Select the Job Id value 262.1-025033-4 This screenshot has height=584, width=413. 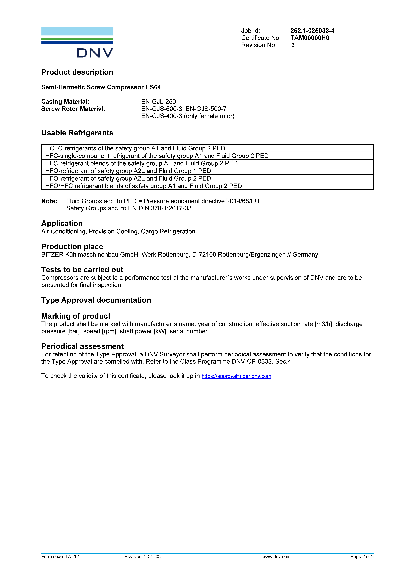click(312, 31)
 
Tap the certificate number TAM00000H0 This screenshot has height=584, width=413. click(310, 38)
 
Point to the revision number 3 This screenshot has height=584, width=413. click(293, 45)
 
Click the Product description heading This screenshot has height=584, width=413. click(77, 72)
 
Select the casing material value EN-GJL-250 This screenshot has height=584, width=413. click(158, 102)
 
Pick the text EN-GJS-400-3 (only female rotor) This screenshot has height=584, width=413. click(188, 116)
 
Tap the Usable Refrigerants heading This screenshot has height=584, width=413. click(77, 133)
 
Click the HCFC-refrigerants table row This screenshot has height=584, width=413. click(135, 148)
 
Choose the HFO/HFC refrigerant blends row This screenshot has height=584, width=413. click(143, 186)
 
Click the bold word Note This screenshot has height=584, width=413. click(49, 201)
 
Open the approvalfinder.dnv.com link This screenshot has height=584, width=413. click(236, 376)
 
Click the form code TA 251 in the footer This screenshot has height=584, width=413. click(72, 557)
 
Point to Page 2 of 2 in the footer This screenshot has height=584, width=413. click(362, 557)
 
